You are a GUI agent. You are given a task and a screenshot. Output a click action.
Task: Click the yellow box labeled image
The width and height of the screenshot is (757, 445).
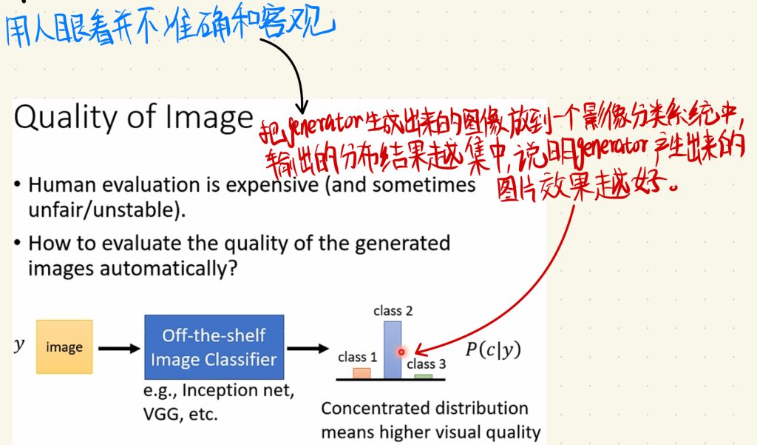point(64,347)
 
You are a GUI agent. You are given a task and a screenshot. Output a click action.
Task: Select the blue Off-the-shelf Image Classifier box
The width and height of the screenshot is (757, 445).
point(214,347)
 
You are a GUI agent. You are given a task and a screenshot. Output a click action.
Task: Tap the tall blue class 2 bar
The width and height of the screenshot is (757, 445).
point(392,349)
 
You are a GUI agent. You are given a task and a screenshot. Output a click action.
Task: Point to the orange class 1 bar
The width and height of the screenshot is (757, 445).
point(361,373)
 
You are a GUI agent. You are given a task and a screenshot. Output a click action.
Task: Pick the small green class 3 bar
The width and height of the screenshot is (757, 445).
point(424,376)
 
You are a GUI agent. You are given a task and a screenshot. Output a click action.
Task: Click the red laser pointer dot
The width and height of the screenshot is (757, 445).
point(401,352)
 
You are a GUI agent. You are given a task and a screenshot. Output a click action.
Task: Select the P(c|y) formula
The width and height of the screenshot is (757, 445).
point(493,349)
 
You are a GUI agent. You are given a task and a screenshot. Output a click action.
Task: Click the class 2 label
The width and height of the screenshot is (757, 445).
point(393,310)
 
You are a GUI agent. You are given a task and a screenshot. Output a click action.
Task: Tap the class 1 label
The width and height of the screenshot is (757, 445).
point(357,357)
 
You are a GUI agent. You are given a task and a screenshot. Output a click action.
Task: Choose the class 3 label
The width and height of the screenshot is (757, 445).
point(427,364)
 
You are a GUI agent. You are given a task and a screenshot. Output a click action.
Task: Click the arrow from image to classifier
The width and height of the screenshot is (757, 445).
point(119,348)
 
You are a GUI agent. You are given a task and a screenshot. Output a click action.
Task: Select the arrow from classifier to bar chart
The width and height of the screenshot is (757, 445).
point(308,348)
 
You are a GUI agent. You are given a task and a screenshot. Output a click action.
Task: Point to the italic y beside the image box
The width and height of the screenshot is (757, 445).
point(18,345)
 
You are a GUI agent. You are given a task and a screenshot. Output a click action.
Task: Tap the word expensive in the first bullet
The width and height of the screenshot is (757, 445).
point(274,185)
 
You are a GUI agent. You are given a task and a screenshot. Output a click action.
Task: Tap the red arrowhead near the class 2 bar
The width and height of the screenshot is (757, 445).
point(419,349)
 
